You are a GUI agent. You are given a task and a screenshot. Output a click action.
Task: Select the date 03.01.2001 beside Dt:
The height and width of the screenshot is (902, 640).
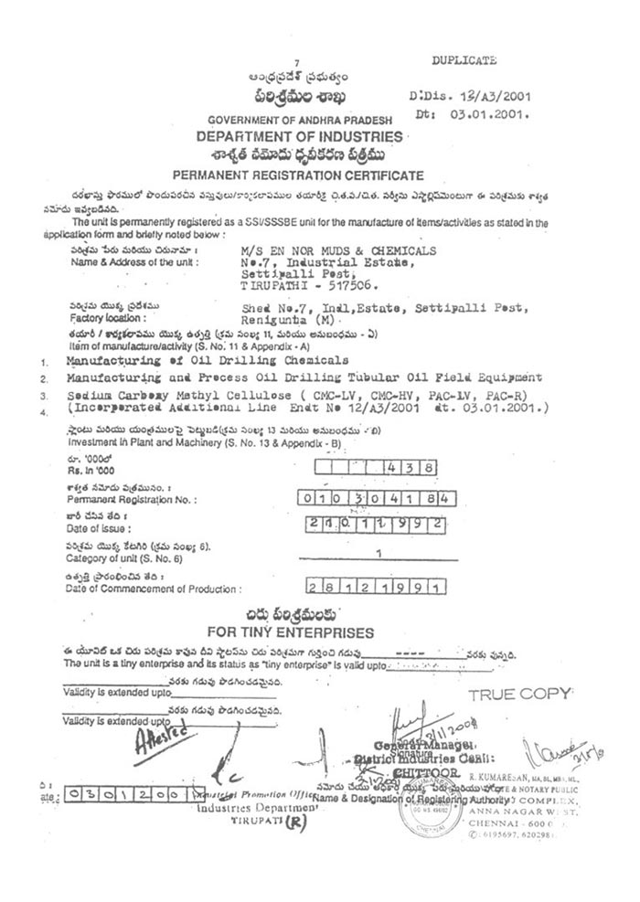point(497,115)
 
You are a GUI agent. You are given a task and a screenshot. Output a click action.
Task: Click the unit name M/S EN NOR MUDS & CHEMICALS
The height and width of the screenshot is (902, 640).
point(338,249)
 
